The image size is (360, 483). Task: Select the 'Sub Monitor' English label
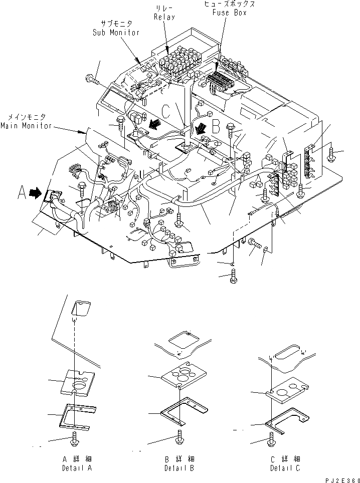pos(116,33)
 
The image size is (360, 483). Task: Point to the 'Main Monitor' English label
pos(26,126)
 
